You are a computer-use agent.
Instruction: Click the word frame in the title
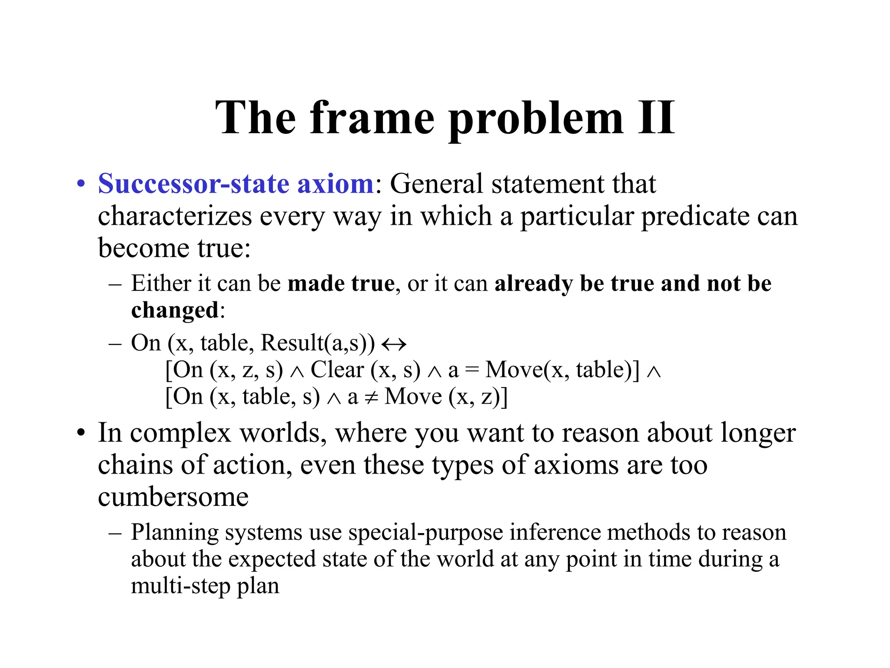(x=372, y=117)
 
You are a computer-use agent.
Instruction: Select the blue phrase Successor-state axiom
(x=236, y=184)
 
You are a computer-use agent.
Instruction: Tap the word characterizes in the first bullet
(x=175, y=216)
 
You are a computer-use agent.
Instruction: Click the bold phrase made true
(x=341, y=284)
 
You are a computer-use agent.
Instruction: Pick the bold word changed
(x=175, y=310)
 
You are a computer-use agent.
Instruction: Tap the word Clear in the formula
(x=337, y=370)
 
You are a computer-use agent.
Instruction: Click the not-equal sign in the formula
(x=371, y=397)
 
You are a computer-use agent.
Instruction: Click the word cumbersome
(x=173, y=497)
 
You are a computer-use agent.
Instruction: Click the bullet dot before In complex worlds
(x=80, y=434)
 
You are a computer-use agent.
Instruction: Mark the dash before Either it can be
(x=115, y=284)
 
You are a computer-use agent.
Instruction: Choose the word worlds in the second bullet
(x=283, y=433)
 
